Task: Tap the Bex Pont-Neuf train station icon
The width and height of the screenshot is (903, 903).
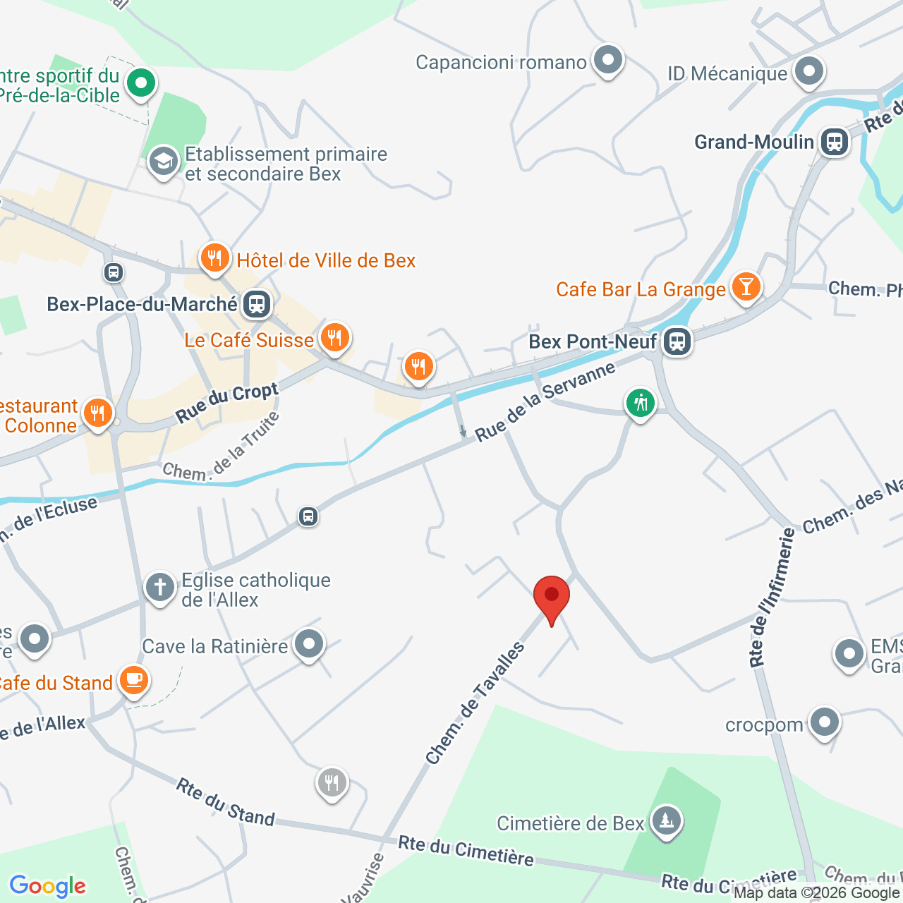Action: click(677, 342)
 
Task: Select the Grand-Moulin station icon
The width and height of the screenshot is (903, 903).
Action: click(835, 142)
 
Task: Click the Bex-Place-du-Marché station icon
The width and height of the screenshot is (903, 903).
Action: click(256, 305)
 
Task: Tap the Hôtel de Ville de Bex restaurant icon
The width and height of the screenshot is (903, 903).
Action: click(214, 258)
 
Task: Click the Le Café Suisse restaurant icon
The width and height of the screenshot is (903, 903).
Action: click(334, 338)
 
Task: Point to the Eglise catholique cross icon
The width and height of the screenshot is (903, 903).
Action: click(160, 587)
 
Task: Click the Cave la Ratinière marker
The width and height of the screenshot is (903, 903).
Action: click(309, 644)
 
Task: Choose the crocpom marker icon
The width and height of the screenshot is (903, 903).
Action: click(824, 722)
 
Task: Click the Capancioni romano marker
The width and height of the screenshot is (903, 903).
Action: click(607, 61)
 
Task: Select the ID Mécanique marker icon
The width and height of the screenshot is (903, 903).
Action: click(808, 71)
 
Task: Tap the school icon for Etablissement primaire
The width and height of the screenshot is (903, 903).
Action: click(164, 162)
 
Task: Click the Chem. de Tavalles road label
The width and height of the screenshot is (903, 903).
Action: click(475, 703)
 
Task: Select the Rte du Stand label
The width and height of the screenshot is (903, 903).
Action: click(225, 801)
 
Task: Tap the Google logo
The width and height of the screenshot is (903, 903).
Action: click(48, 886)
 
